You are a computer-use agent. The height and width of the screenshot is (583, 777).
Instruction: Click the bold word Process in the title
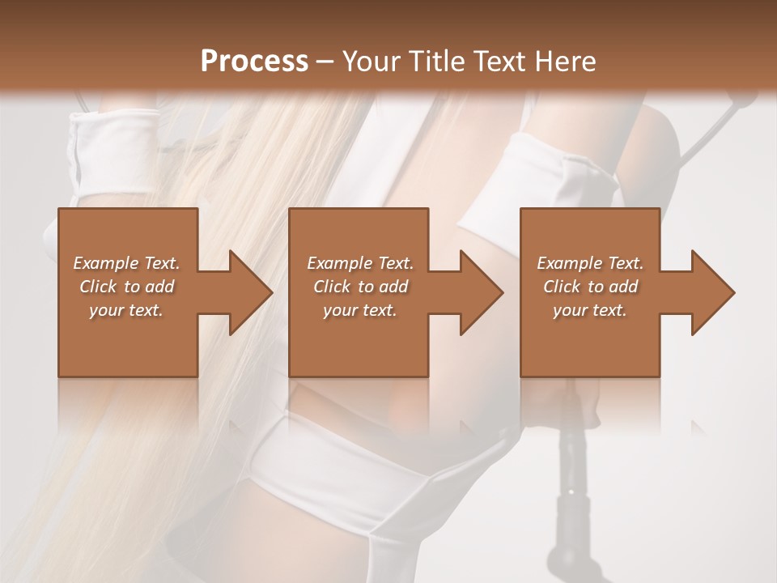[x=254, y=61]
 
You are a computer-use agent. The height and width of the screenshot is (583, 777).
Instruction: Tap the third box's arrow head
[x=711, y=292]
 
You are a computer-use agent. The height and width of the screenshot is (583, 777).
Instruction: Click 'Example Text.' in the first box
[x=126, y=263]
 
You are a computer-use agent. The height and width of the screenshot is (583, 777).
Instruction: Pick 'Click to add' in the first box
[x=126, y=287]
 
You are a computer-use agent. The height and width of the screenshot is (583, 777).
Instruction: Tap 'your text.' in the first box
[x=126, y=310]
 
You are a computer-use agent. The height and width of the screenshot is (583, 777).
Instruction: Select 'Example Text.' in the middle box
[x=360, y=263]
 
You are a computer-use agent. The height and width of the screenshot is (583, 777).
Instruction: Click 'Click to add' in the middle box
[x=360, y=287]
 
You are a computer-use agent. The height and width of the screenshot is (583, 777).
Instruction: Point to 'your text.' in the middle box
[x=360, y=310]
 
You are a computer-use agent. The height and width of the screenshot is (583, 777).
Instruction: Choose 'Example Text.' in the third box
[x=590, y=263]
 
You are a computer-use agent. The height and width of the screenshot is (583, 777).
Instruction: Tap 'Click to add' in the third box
[x=590, y=287]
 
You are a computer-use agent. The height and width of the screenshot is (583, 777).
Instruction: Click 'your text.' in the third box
[x=590, y=310]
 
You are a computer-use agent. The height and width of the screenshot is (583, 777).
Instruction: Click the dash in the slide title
[x=325, y=62]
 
